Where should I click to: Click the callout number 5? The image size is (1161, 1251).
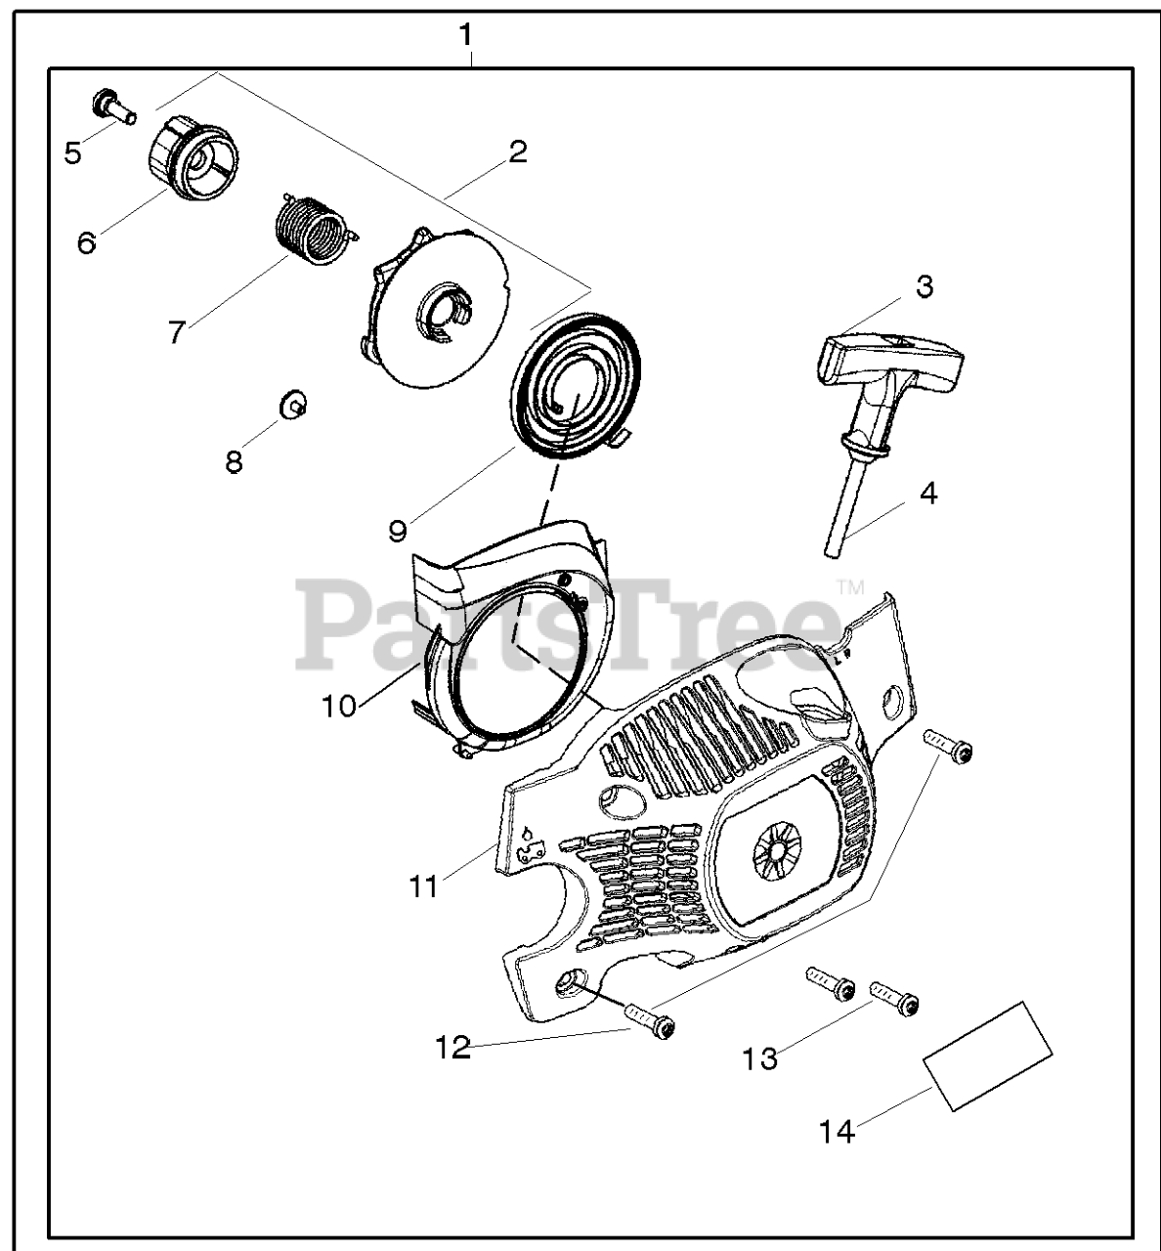coord(73,153)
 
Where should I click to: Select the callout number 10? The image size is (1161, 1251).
coord(339,706)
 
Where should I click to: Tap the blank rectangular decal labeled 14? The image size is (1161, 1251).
coord(987,1056)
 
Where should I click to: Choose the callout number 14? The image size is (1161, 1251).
coord(837,1132)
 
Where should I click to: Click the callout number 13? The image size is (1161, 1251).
coord(760,1057)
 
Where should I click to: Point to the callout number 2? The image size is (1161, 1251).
coord(518,151)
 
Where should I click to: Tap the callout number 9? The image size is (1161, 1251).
coord(397,531)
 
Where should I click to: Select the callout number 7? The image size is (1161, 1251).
coord(176,332)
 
